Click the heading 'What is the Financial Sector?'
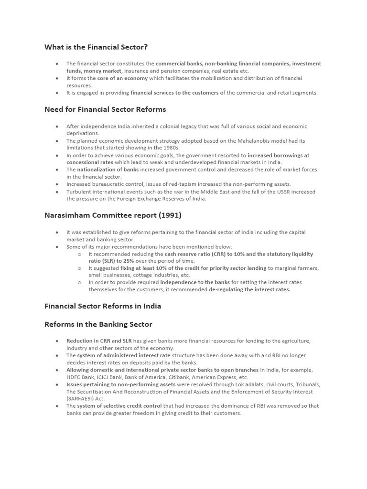point(96,47)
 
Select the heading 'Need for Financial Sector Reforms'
point(105,109)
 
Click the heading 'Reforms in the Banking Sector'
point(98,324)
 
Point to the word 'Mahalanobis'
point(256,141)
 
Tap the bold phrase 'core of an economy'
point(122,78)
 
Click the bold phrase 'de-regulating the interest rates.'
point(249,289)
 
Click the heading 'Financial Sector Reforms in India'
point(103,306)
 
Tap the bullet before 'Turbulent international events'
point(56,191)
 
